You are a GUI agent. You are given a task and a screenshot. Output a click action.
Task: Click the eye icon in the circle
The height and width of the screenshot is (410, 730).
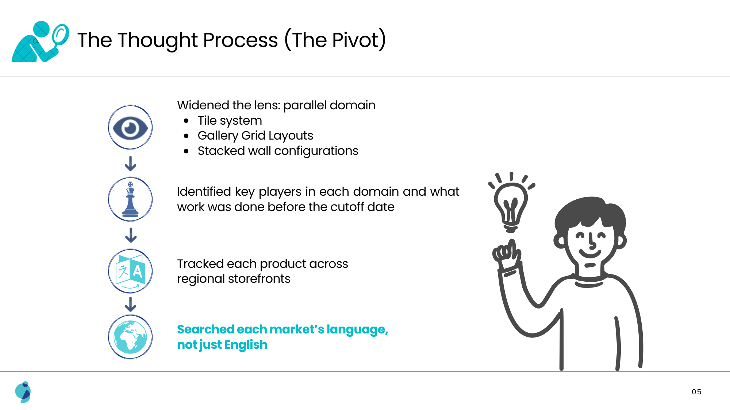pos(130,128)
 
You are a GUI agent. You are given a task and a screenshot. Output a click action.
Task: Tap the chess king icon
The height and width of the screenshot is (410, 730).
pos(130,199)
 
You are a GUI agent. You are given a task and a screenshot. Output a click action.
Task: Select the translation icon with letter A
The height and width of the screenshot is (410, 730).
pos(130,271)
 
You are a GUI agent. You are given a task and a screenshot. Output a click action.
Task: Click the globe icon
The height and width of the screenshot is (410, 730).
pos(130,337)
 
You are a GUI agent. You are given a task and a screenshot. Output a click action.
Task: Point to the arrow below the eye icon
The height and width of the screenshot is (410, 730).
pos(130,164)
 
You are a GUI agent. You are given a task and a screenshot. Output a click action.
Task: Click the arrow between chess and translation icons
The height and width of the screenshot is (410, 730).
pos(131,235)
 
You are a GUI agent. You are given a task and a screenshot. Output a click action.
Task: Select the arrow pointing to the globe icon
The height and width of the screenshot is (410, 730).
pos(130,304)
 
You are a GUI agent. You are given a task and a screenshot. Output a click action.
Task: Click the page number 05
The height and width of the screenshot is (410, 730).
pos(696,392)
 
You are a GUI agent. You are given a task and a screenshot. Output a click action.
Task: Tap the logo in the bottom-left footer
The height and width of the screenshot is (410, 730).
pos(23,392)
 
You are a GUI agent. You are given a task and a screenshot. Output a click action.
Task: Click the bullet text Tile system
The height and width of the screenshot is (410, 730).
pos(230,121)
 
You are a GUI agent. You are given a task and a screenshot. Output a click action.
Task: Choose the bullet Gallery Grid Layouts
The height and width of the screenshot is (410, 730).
pos(255,136)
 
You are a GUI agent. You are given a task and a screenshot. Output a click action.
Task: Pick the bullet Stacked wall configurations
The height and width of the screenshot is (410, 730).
pos(278,151)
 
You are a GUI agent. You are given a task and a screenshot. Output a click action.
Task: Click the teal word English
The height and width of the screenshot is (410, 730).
pos(246,345)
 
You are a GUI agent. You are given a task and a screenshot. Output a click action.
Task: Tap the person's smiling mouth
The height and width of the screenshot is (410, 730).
pos(590,253)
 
